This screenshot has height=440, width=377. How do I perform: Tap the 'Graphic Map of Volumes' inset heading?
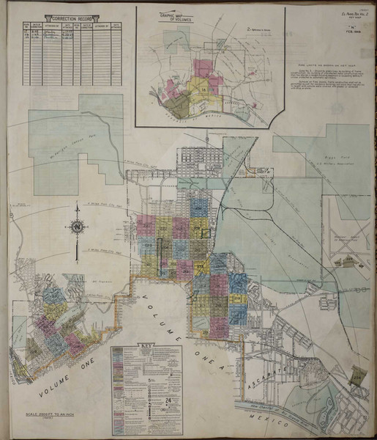pos(171,16)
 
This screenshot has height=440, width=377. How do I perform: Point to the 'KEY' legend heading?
pos(146,345)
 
